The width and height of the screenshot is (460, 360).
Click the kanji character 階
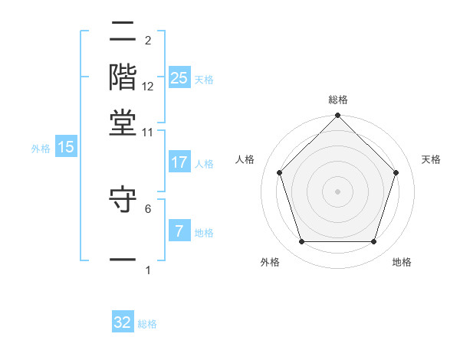(123, 77)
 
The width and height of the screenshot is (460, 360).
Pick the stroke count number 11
(148, 133)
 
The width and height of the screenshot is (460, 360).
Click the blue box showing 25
(179, 78)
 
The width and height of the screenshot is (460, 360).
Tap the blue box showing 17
(179, 162)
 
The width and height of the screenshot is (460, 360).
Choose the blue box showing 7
(179, 231)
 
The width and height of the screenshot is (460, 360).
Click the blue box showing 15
(66, 147)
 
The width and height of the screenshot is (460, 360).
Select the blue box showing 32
(123, 322)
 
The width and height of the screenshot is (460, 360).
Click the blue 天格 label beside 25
(203, 80)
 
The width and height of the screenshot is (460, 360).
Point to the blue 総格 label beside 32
(147, 324)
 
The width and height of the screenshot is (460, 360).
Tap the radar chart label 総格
(338, 100)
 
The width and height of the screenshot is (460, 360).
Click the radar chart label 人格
(245, 159)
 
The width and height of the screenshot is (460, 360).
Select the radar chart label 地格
(402, 263)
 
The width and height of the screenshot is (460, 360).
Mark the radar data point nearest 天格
(396, 172)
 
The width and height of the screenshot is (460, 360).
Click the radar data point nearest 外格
(301, 242)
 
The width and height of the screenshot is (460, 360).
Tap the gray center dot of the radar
(338, 191)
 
